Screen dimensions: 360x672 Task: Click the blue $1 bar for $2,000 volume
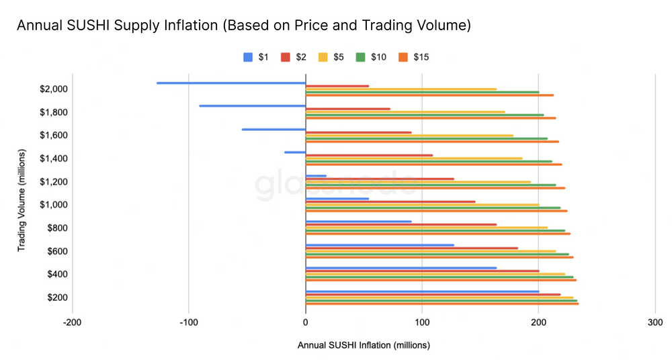click(231, 83)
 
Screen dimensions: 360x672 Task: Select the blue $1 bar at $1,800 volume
click(253, 106)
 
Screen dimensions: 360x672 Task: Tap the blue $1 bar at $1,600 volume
click(274, 129)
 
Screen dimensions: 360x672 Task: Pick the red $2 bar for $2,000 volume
click(337, 86)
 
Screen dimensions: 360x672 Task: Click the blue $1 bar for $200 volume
click(422, 291)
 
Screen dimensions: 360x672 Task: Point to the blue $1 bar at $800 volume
click(359, 222)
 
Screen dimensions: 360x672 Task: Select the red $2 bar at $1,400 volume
click(369, 155)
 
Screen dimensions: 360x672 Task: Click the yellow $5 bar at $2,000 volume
click(401, 89)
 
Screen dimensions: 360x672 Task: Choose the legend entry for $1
click(256, 57)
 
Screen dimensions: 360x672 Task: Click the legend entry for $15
click(414, 57)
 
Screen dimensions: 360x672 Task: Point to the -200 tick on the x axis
click(72, 322)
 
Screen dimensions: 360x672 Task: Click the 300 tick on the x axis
click(655, 322)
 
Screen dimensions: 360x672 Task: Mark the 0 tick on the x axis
click(306, 322)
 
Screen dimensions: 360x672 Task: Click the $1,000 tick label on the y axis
click(53, 205)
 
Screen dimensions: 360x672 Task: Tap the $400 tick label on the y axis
click(56, 274)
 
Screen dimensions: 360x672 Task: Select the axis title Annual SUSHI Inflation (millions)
click(363, 345)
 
